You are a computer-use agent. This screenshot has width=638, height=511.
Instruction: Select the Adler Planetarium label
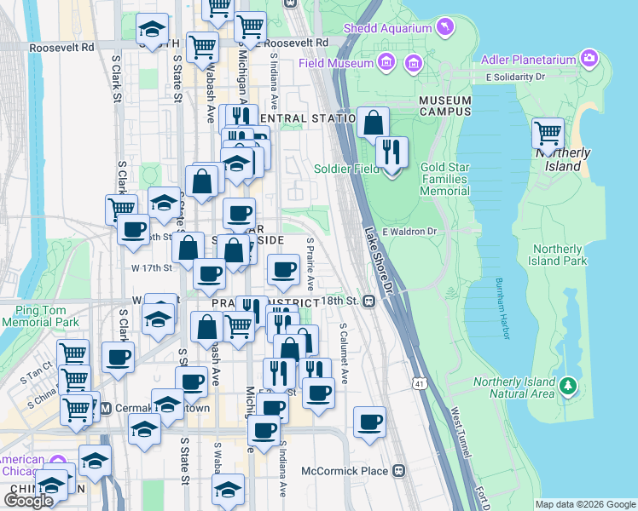[530, 59]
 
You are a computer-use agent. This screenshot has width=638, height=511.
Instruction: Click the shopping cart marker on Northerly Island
[548, 134]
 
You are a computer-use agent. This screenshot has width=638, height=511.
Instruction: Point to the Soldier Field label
[346, 169]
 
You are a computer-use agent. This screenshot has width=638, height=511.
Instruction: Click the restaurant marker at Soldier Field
[391, 152]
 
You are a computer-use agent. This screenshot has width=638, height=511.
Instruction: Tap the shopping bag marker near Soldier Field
[373, 123]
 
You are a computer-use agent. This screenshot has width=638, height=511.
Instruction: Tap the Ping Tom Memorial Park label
[40, 317]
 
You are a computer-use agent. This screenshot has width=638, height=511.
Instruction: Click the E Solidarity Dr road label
[514, 77]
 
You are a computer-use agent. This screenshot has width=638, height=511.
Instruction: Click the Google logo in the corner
[28, 500]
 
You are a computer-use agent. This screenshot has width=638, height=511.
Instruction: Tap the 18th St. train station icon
[368, 301]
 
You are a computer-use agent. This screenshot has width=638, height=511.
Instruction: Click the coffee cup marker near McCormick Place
[369, 422]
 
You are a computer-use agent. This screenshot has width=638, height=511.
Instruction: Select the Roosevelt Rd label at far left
[61, 48]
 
